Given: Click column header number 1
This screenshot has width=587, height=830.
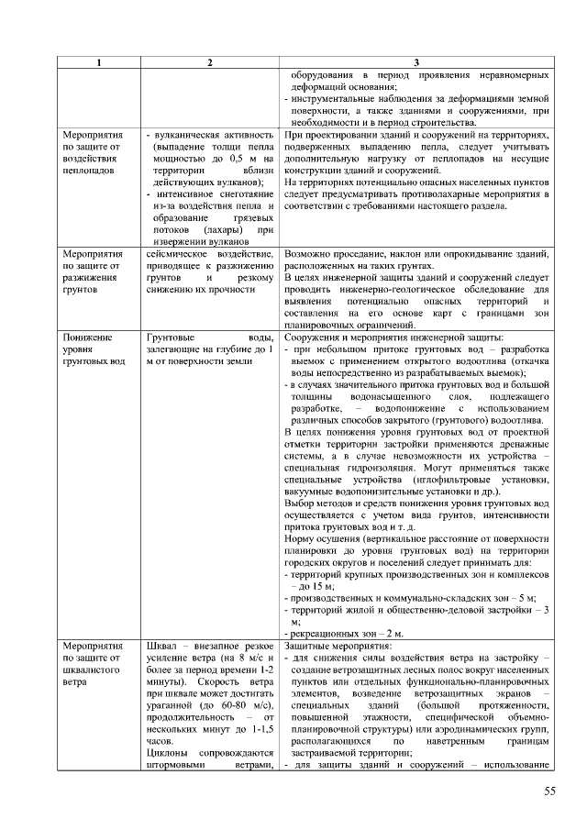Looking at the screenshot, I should coord(99,61).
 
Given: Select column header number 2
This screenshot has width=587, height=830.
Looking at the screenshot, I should coord(210,61).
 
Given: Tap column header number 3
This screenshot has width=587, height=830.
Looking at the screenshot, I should coord(416,61).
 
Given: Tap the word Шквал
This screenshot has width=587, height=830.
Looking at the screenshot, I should coord(163,647).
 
